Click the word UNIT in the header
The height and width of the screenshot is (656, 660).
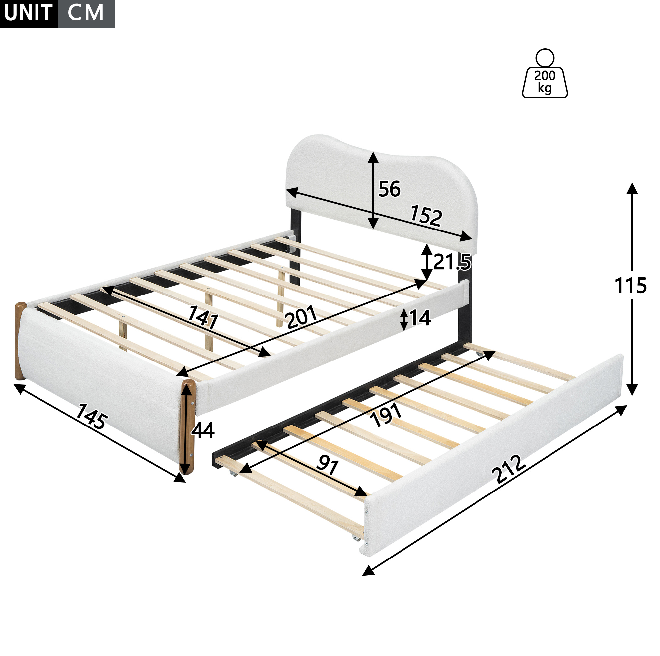pyautogui.click(x=28, y=13)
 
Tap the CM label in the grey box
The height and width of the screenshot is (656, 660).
pyautogui.click(x=85, y=13)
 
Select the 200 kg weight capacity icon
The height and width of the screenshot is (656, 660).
pyautogui.click(x=545, y=73)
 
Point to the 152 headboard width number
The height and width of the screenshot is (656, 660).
pyautogui.click(x=426, y=215)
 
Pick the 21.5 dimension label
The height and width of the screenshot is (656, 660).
pyautogui.click(x=452, y=262)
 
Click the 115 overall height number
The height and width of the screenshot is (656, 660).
pyautogui.click(x=630, y=286)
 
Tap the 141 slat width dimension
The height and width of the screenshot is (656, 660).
pyautogui.click(x=204, y=317)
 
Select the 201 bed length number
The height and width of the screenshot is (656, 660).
pyautogui.click(x=302, y=317)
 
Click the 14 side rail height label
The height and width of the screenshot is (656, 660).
pyautogui.click(x=419, y=318)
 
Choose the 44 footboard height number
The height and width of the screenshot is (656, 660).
pyautogui.click(x=203, y=430)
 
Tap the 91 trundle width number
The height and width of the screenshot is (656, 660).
pyautogui.click(x=328, y=465)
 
